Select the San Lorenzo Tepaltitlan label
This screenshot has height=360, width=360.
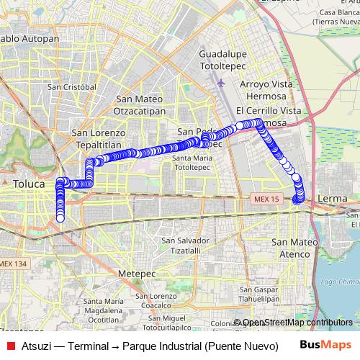[99, 138]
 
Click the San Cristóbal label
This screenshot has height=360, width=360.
[71, 86]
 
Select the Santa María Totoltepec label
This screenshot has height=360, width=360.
[192, 162]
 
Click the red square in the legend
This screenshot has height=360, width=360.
[10, 345]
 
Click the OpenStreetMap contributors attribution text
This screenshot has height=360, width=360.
[297, 323]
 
